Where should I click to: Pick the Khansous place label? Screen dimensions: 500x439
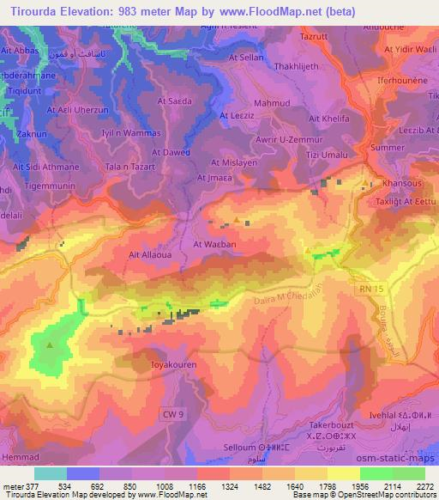pyautogui.click(x=400, y=183)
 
